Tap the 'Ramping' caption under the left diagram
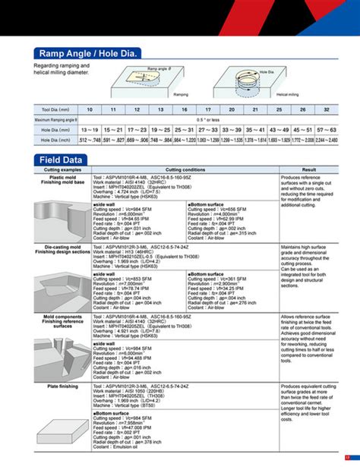tap(180, 94)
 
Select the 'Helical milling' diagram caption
tap(286, 94)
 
